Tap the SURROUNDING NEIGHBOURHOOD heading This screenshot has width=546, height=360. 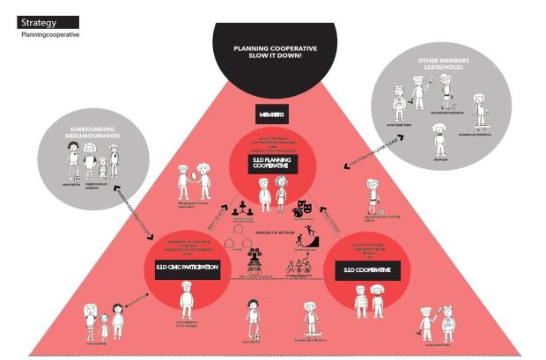click(94, 138)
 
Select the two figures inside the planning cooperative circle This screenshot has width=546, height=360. click(272, 194)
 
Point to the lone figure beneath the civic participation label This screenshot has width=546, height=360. click(187, 300)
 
